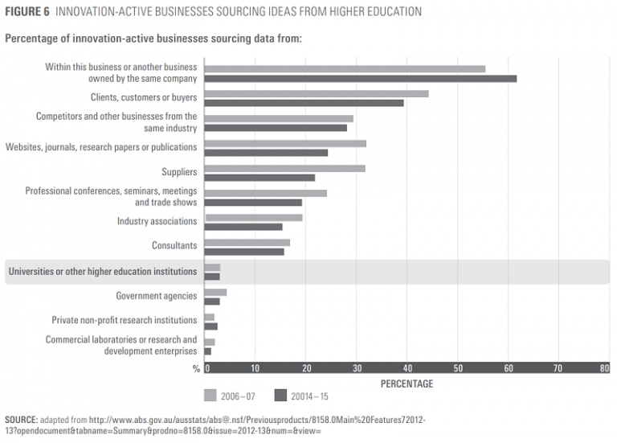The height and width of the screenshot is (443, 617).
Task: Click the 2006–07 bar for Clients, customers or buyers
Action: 317,94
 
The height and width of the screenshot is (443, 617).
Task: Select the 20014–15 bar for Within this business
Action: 361,79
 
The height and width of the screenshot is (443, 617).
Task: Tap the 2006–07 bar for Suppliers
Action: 285,168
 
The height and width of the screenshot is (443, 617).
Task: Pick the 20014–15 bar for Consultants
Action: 245,252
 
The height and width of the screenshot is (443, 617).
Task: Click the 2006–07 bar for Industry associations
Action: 254,217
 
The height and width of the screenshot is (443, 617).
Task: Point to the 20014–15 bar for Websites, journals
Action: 267,153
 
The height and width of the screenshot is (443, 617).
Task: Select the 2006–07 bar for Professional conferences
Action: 266,193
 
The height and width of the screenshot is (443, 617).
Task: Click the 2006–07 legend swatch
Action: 210,396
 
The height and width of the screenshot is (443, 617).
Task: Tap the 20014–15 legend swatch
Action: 281,396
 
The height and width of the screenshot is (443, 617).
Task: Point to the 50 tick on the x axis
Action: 457,369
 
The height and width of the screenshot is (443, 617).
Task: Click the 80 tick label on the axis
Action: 604,369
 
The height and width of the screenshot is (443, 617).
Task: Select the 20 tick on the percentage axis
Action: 306,369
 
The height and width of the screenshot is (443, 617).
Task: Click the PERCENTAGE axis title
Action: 407,384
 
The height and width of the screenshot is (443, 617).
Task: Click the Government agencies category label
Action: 156,296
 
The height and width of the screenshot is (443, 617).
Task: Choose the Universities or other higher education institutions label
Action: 102,272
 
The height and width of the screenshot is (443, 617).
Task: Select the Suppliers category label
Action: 179,172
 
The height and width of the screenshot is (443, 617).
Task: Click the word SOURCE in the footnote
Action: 21,420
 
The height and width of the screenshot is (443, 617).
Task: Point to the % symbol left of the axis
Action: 196,369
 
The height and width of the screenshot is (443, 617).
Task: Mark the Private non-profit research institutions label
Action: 124,320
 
